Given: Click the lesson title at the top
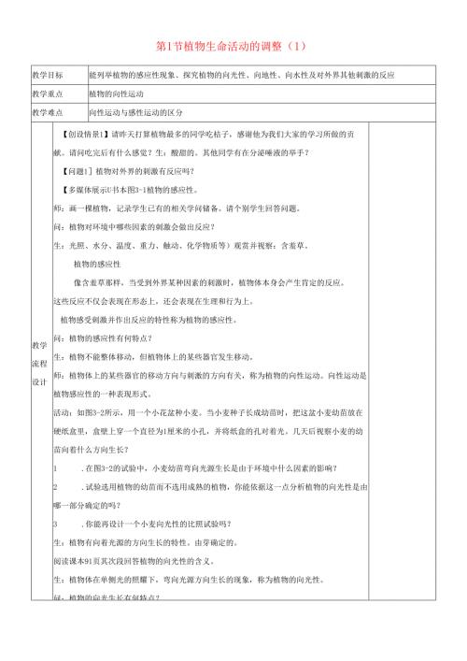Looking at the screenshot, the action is click(x=233, y=45).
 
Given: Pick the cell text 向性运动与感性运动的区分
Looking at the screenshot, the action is click(x=130, y=112).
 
